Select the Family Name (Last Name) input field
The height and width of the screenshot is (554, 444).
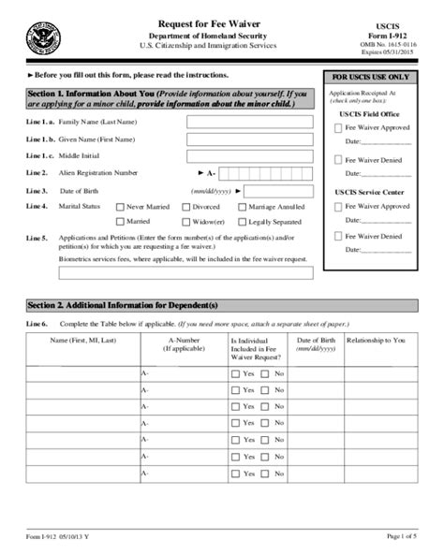(247, 122)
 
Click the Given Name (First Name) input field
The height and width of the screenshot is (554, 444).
(247, 138)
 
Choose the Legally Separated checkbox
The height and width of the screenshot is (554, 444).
(243, 222)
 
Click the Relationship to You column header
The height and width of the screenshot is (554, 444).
(379, 343)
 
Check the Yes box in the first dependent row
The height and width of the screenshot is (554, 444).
(236, 373)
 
